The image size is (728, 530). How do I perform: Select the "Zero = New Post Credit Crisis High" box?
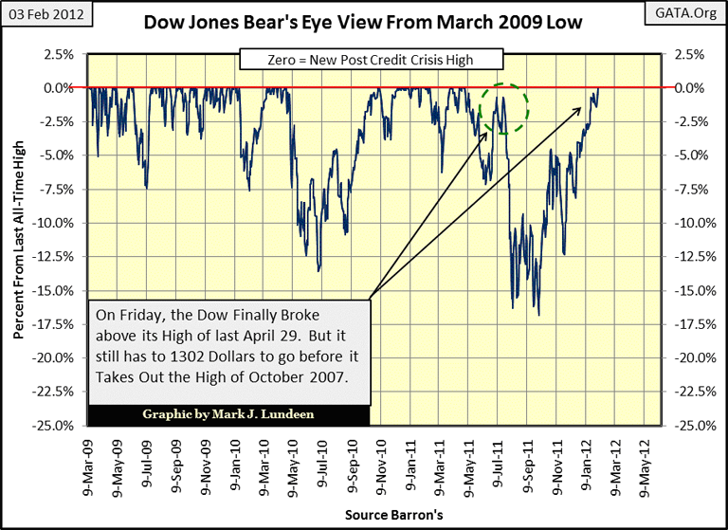point(371,61)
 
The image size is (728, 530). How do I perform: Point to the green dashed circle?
point(502,107)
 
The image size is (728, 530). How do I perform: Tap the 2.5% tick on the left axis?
point(60,54)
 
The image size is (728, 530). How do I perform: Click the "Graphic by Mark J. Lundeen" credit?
point(227,414)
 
